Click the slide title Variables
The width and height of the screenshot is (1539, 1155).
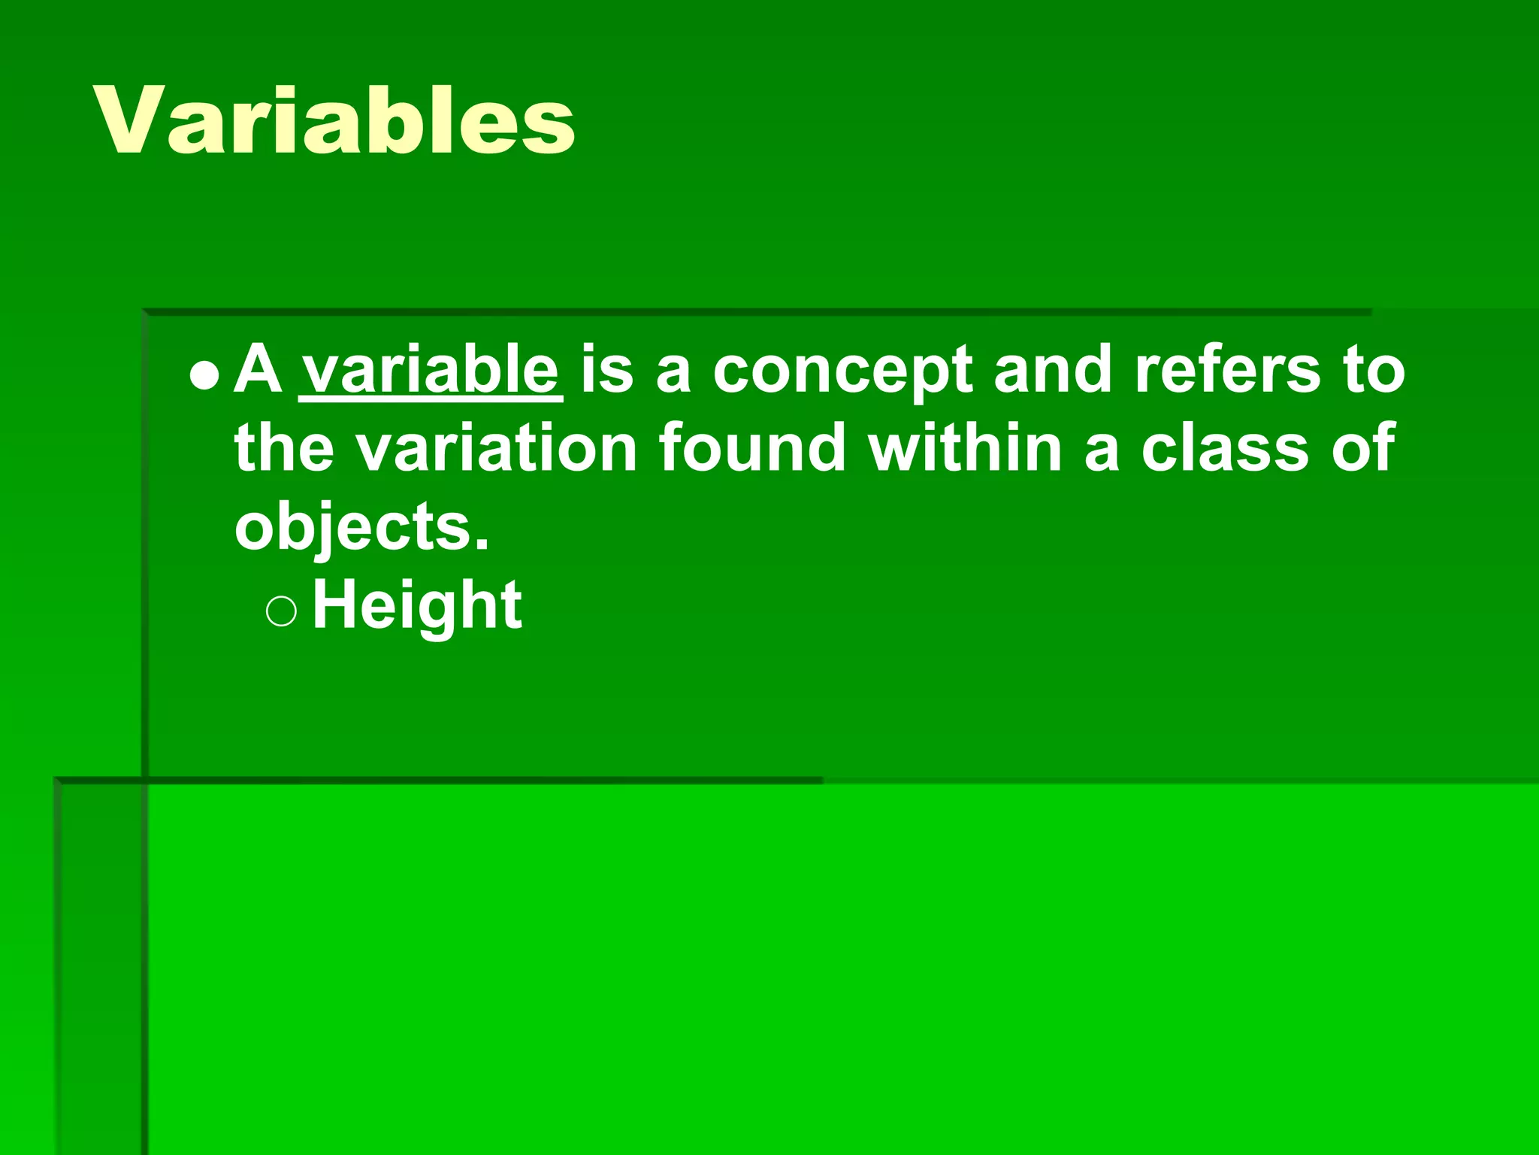[334, 120]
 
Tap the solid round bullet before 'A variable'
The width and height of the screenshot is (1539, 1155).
[204, 374]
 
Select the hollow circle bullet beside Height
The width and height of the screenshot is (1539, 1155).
[281, 611]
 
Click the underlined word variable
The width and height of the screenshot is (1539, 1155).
[431, 370]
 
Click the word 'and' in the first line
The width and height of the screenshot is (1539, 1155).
[1052, 370]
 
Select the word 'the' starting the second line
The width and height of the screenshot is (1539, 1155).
[283, 448]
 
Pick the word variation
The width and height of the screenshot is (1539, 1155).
[496, 448]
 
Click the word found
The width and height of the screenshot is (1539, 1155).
[752, 448]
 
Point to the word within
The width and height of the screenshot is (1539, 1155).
[965, 448]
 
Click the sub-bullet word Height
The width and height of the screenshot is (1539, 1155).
[417, 606]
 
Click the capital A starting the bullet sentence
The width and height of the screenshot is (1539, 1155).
[258, 370]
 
